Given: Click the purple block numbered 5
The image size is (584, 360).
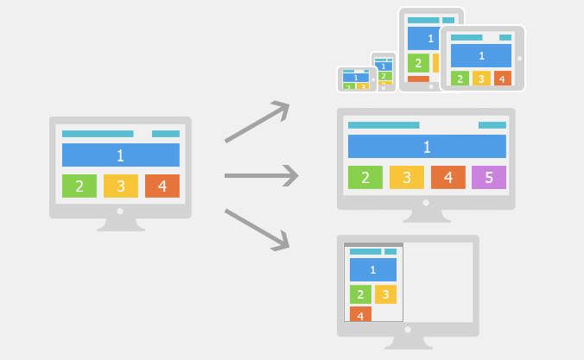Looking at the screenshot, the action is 489,177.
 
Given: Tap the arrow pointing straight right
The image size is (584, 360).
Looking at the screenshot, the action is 262,176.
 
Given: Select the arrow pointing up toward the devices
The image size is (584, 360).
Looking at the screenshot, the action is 257,122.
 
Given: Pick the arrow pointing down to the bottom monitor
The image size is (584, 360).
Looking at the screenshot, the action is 257,230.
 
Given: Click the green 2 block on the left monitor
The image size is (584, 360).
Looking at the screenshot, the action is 79,186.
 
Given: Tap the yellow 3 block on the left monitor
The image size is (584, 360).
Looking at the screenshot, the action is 121,186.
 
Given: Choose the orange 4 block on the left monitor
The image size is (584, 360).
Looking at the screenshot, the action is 162,186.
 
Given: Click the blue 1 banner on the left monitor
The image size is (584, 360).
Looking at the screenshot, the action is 121,155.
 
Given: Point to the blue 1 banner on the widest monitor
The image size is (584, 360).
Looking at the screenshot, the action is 427,146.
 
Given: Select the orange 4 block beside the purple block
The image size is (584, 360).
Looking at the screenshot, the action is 448,177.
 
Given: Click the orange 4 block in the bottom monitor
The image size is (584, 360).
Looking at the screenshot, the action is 360,314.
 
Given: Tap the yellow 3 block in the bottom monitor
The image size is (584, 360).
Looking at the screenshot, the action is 385,294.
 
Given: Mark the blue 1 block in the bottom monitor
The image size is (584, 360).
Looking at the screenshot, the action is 373,269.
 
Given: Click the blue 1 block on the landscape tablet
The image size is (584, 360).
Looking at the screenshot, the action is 481,55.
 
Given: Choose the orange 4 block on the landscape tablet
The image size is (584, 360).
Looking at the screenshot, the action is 503,79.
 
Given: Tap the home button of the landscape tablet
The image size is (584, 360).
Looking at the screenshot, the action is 519,59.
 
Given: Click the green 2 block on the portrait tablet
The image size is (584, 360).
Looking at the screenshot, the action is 418,63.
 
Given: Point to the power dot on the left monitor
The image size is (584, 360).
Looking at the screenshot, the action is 120,212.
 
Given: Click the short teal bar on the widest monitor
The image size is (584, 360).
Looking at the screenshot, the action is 492,125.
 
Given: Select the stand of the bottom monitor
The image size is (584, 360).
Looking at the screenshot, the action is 408,343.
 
